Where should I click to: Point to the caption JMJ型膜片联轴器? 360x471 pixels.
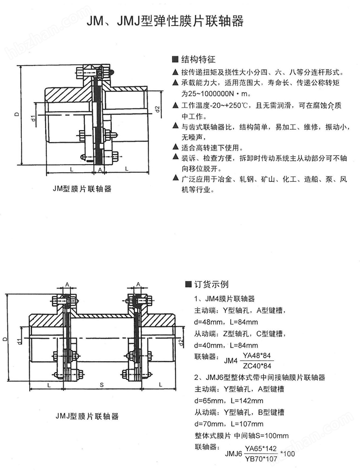[87, 416]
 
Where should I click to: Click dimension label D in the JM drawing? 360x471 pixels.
[16, 115]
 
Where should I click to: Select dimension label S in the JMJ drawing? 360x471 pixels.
[102, 386]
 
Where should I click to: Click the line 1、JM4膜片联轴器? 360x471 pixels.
[224, 299]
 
